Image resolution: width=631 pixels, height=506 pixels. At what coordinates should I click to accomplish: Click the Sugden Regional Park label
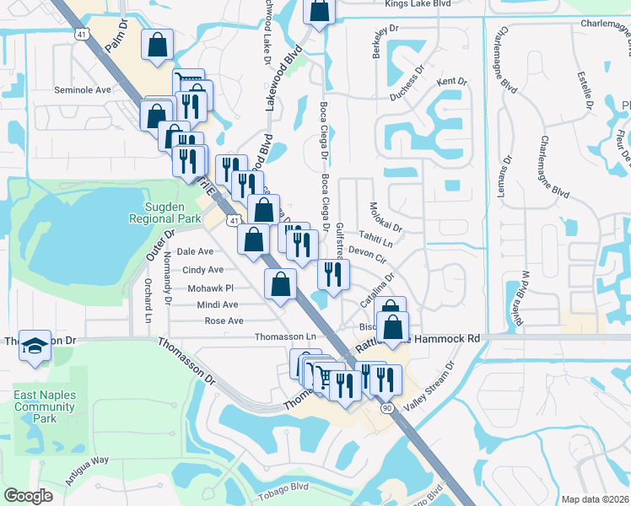click(x=164, y=212)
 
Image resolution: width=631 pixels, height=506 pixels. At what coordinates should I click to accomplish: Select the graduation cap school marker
click(x=35, y=347)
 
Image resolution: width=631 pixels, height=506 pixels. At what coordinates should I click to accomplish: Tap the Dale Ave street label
click(x=195, y=251)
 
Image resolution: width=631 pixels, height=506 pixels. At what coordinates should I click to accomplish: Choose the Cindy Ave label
click(x=203, y=270)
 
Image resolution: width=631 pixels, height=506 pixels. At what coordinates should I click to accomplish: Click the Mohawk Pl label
click(x=210, y=288)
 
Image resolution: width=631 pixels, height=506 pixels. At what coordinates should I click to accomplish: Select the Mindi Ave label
click(x=217, y=304)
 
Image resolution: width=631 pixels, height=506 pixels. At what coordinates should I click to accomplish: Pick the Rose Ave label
click(x=224, y=321)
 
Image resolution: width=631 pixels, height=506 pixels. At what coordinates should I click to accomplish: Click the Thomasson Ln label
click(x=285, y=337)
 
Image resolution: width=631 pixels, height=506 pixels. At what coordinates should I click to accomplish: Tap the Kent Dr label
click(x=452, y=82)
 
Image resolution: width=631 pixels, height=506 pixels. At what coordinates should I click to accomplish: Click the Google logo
click(x=29, y=496)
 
